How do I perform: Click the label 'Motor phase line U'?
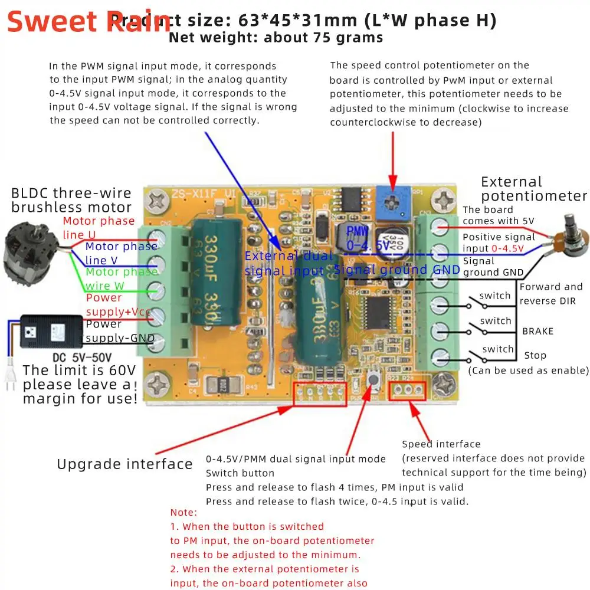99,228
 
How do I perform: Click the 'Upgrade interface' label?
124,464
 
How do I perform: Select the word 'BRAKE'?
537,331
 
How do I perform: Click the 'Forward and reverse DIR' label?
550,293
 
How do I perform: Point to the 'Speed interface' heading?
441,444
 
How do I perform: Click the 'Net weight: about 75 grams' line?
276,38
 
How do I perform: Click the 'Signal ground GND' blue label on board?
396,270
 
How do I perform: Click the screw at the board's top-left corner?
158,204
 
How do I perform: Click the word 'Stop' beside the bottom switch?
535,355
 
